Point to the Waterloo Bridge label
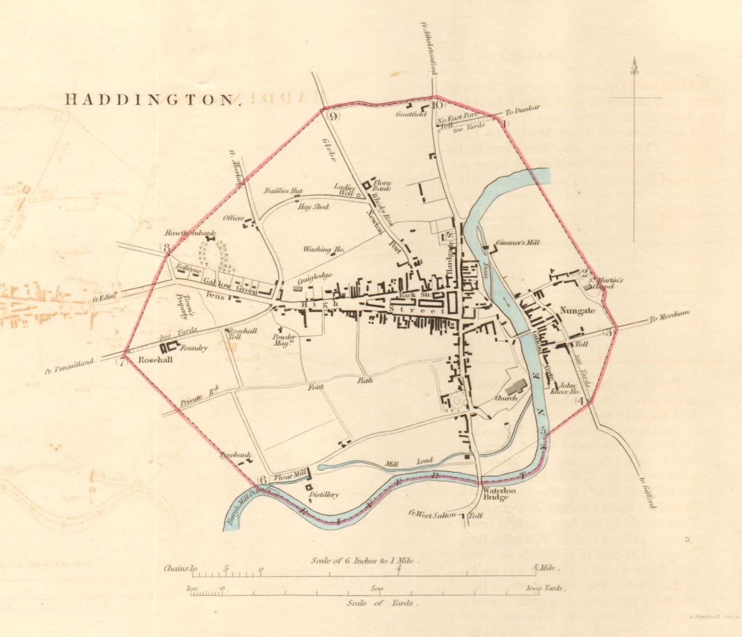495,494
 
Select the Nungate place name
577,311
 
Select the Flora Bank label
383,185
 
